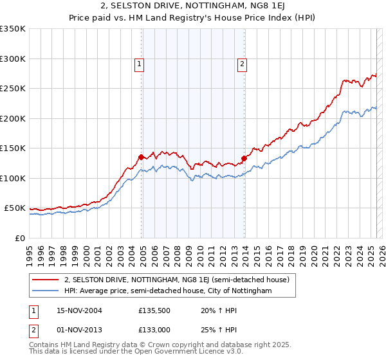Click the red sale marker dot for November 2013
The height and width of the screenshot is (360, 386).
tap(244, 158)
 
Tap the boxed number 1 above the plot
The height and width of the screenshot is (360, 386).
tap(139, 63)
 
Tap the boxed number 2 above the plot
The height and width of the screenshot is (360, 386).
tap(242, 63)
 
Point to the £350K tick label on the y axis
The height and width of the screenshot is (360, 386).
tap(13, 29)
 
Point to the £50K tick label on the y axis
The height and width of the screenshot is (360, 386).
tap(15, 208)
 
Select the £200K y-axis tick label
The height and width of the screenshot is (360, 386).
tap(13, 118)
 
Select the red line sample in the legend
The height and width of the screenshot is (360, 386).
tap(46, 280)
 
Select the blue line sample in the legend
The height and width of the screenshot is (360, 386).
tap(46, 291)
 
